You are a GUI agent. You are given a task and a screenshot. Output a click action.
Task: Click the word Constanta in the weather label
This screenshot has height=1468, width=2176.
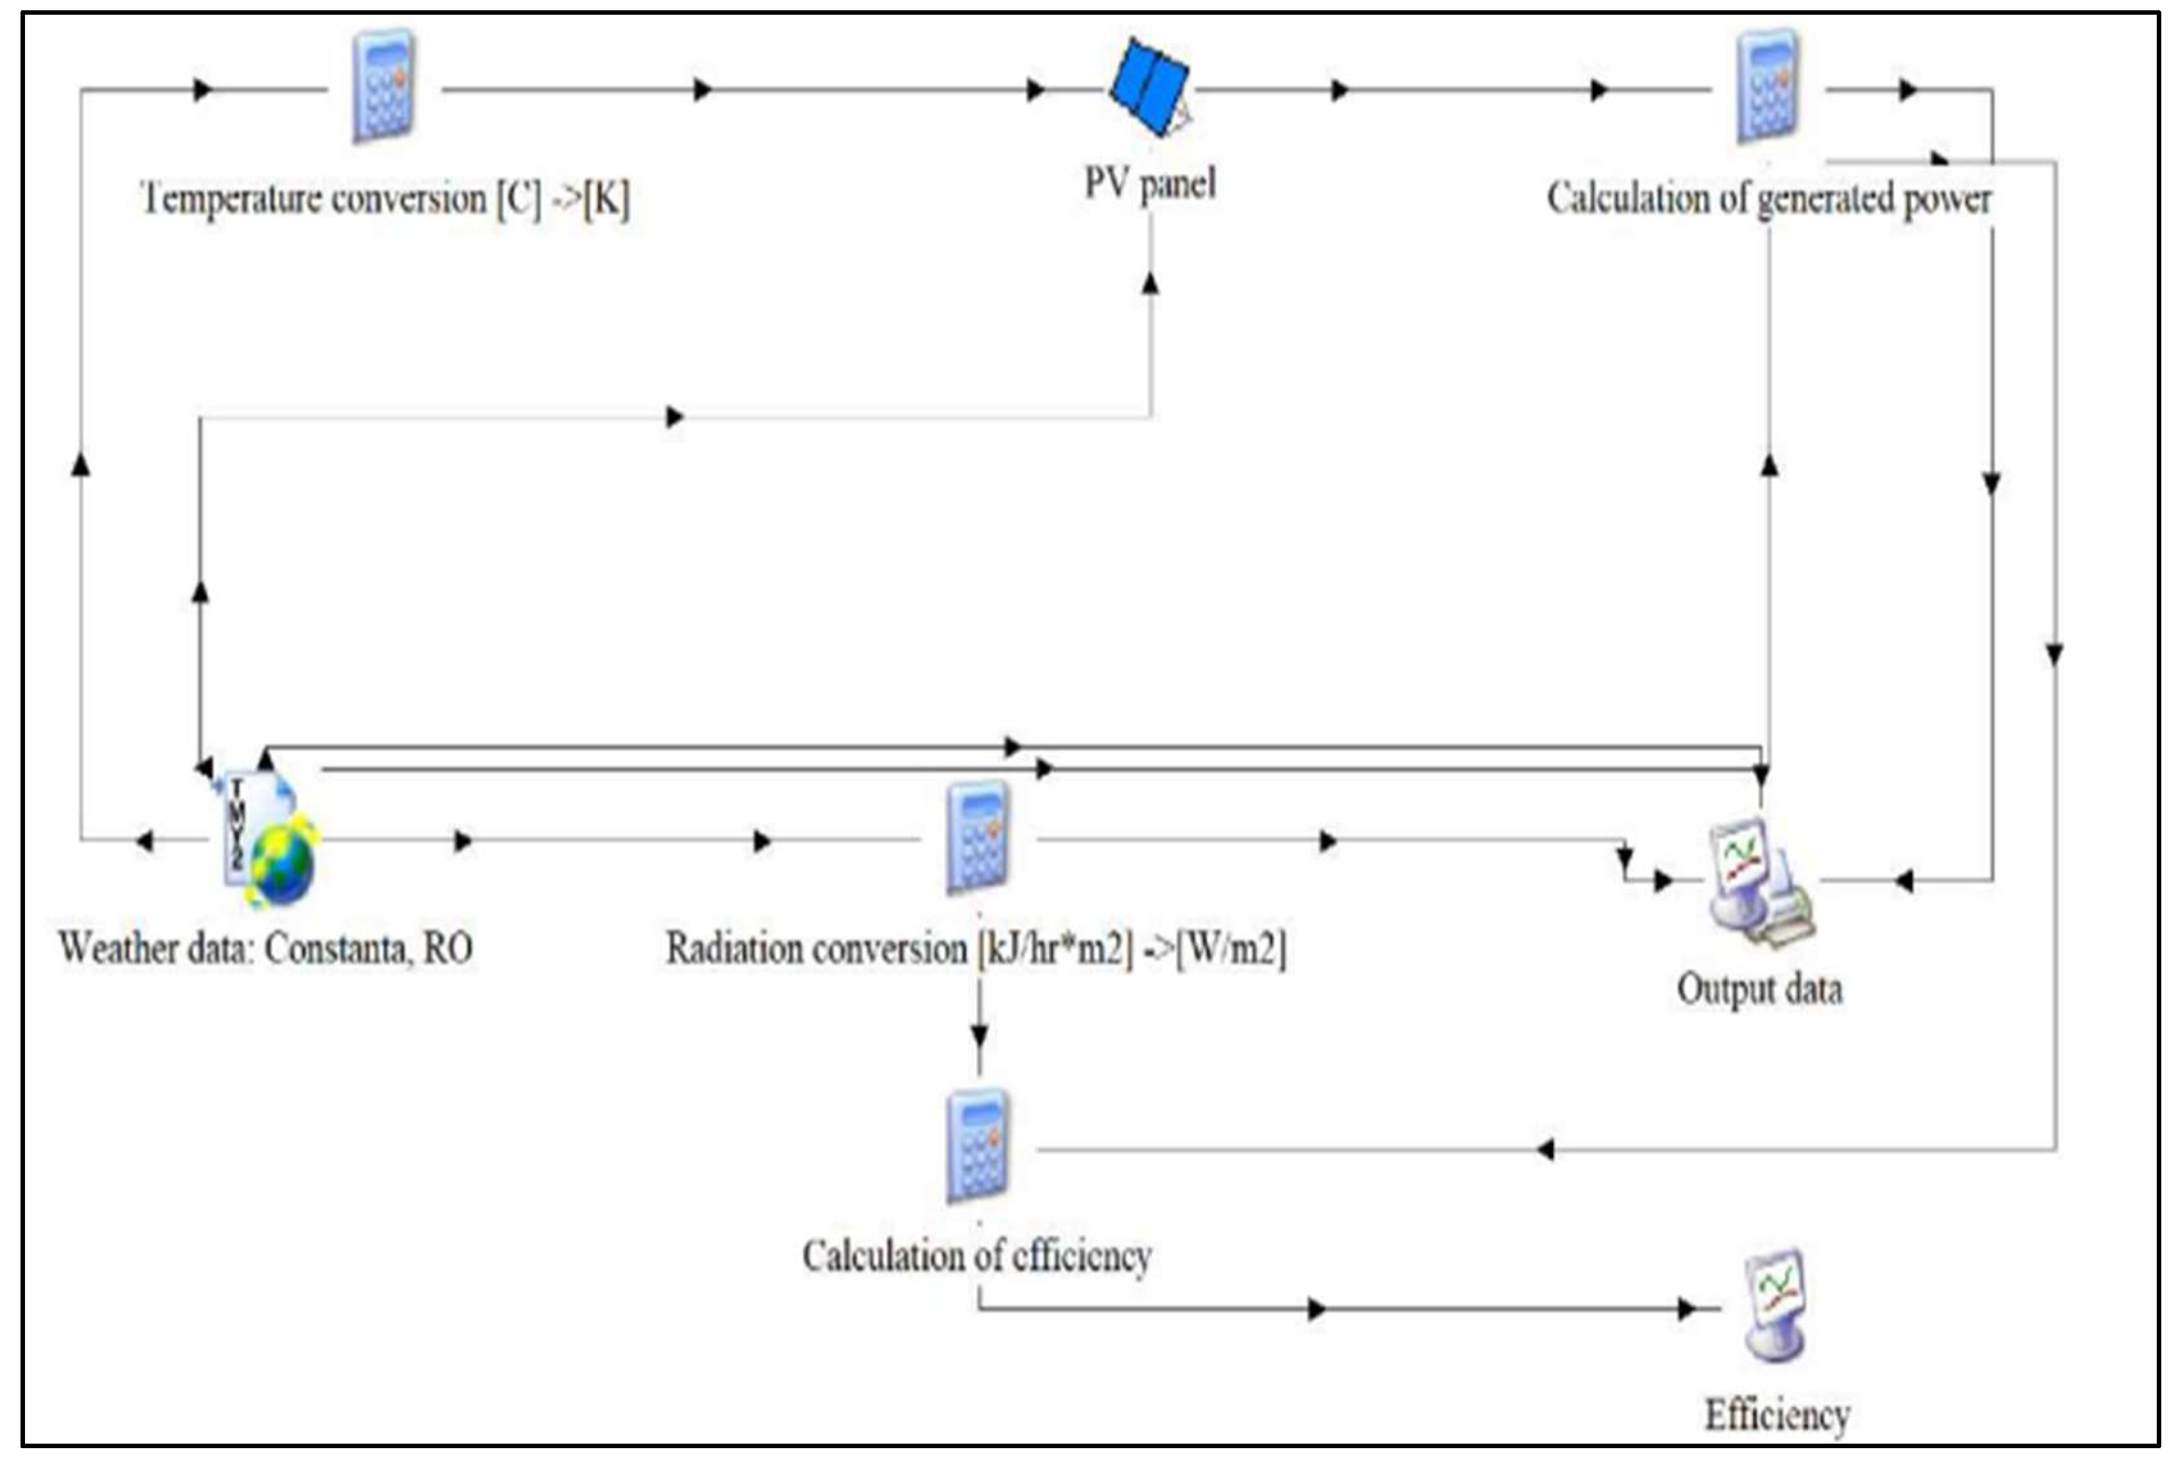335,948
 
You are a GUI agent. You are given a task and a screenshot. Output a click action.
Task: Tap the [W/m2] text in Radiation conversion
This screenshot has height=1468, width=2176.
1231,948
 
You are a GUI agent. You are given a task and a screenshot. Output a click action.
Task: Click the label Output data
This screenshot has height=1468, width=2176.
1758,989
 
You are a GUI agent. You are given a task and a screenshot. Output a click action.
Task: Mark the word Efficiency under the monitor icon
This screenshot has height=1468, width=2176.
1776,1415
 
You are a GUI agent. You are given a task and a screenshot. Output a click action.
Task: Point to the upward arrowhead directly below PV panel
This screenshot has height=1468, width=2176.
1150,283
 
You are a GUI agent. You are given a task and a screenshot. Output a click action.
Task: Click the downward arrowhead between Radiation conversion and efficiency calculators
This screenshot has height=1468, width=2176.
979,1036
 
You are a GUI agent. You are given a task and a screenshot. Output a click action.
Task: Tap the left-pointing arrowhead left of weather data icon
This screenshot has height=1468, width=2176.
144,841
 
